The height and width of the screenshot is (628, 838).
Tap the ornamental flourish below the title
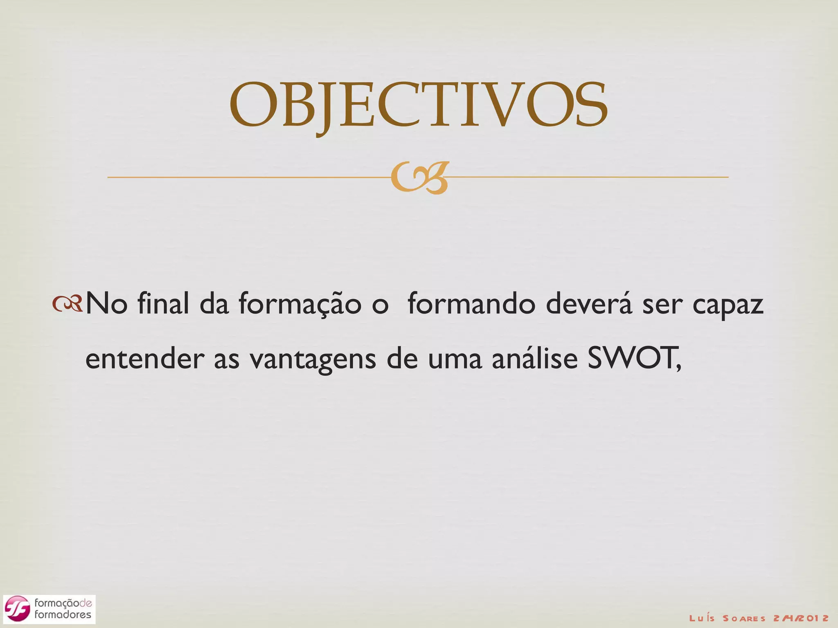(419, 178)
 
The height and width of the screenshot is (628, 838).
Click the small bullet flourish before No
(67, 304)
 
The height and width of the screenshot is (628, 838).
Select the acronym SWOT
(632, 358)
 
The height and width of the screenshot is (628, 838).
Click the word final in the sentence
(163, 304)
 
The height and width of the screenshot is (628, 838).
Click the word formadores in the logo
(63, 615)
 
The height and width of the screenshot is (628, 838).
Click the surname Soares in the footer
(744, 618)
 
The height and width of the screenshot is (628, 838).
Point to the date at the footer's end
(801, 618)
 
